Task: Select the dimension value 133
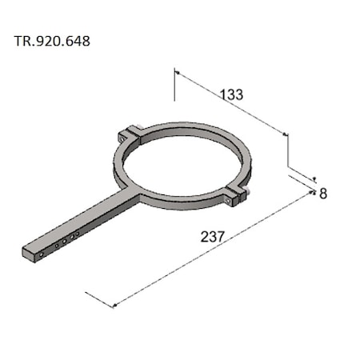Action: click(x=231, y=94)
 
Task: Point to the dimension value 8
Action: click(x=323, y=194)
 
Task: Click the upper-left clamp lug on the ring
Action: click(x=130, y=134)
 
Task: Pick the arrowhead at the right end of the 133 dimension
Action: click(x=284, y=134)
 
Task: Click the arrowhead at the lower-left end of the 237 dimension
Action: click(x=117, y=304)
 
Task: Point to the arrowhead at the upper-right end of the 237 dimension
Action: click(x=310, y=194)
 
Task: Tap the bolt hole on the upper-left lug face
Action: click(x=122, y=138)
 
